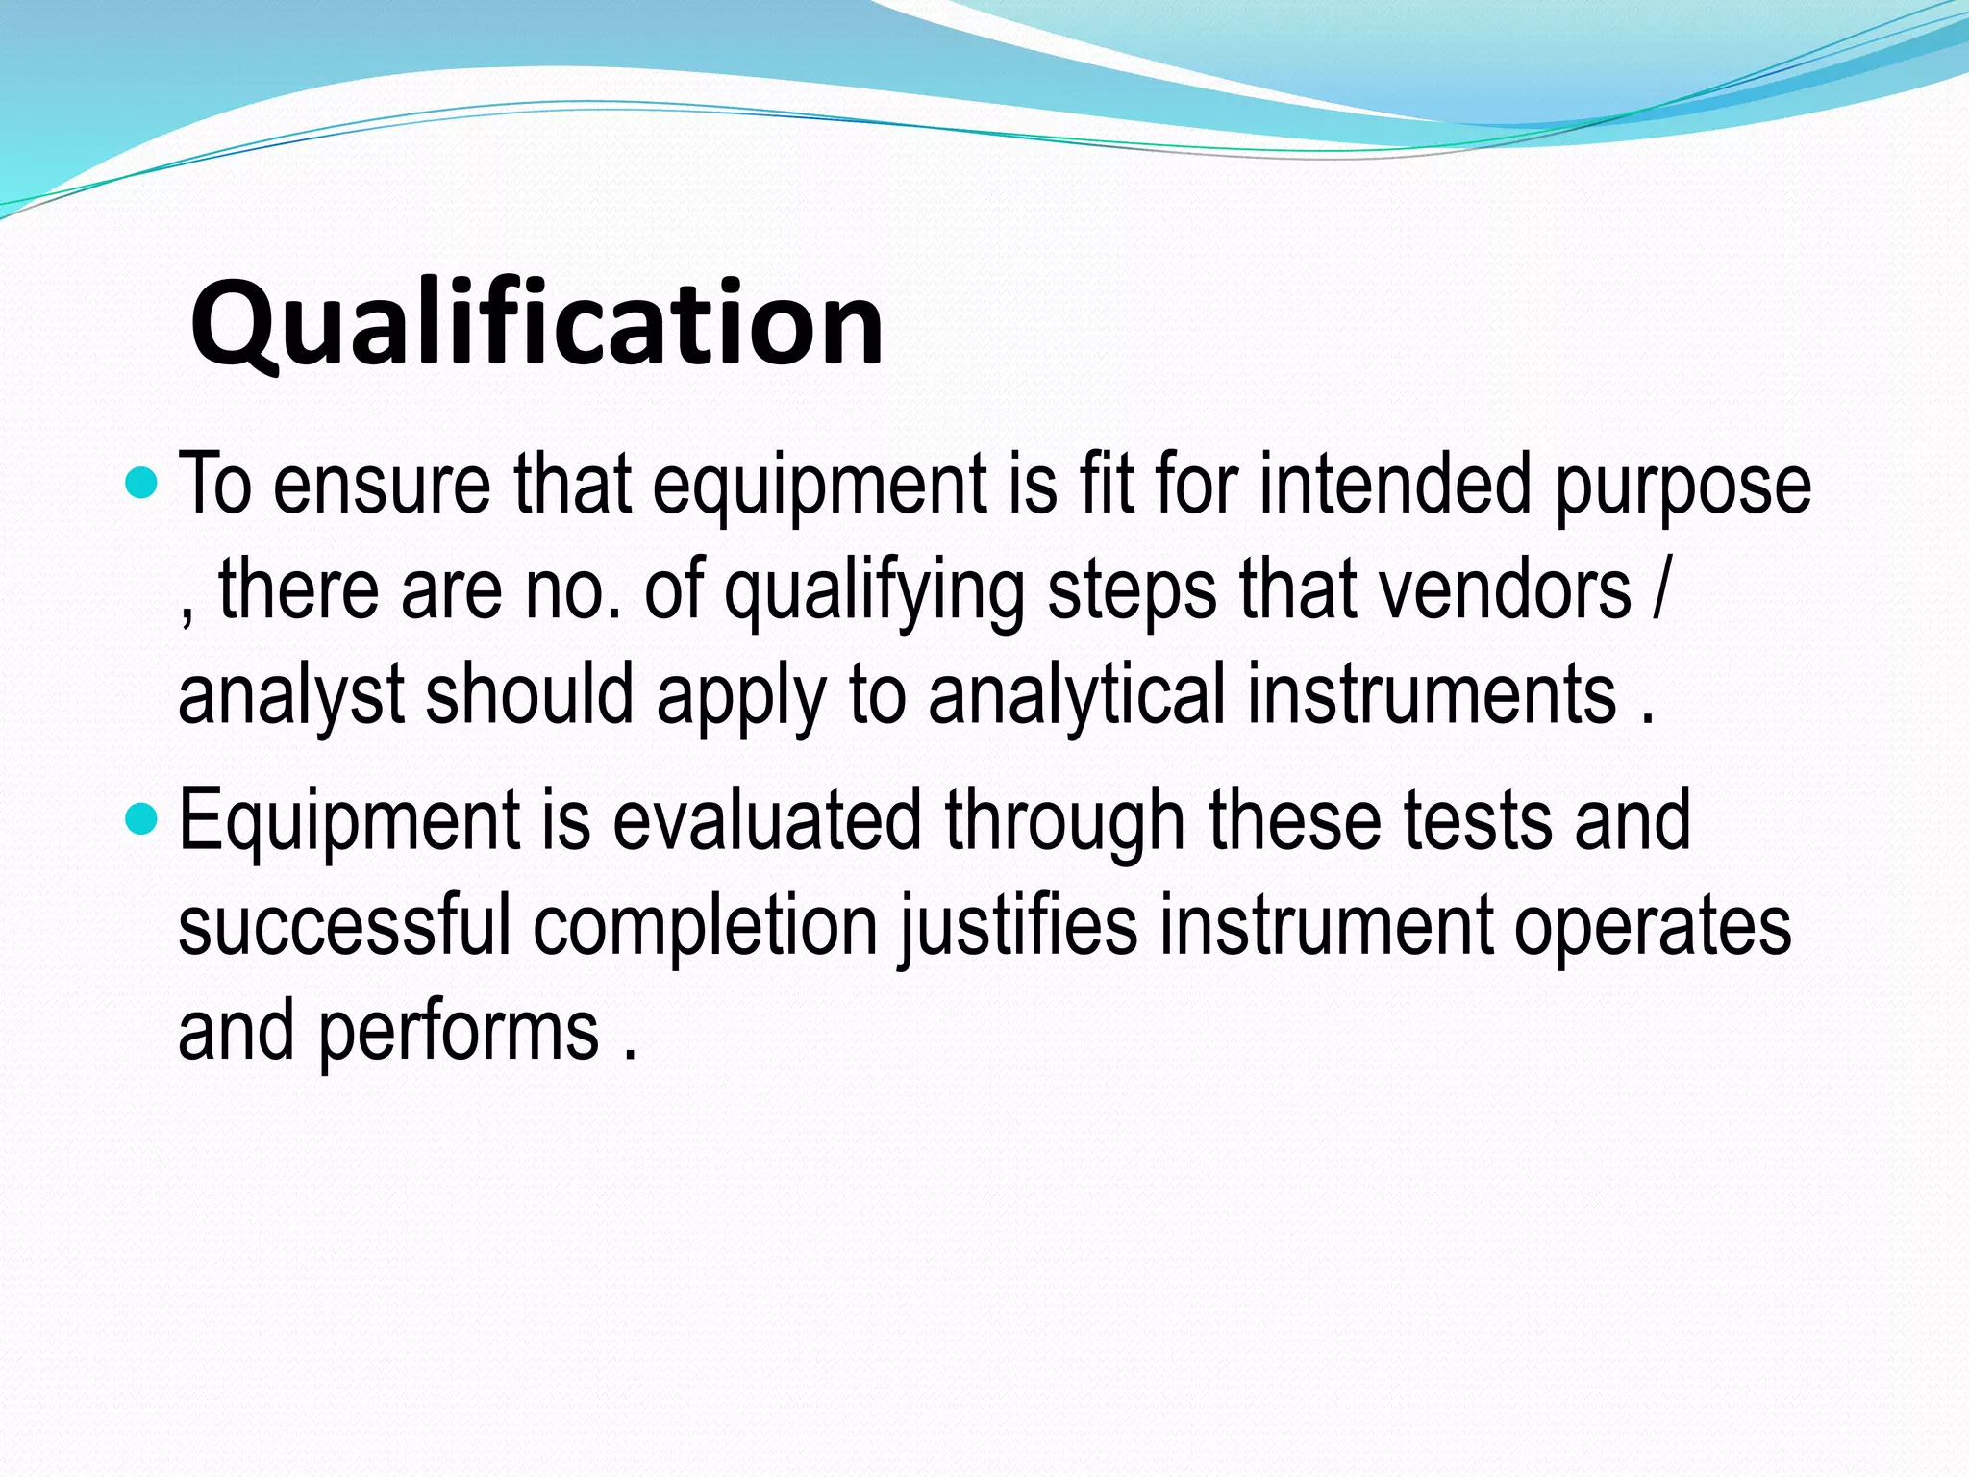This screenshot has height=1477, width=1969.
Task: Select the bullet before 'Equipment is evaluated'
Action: pos(141,819)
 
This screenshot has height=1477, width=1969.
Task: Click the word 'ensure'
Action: pos(382,486)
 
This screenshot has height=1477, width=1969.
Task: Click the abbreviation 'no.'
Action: pos(573,590)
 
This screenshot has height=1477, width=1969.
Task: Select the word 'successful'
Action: pos(344,925)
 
